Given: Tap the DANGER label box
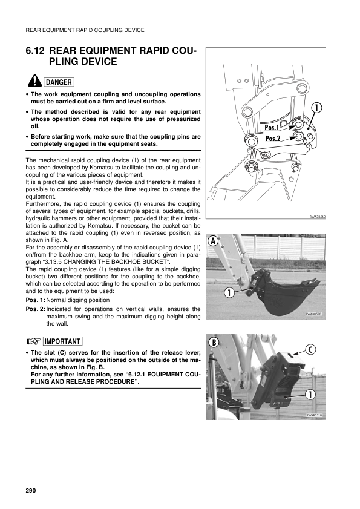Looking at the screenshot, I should tap(59, 82).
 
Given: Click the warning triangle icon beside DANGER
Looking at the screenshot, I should tap(34, 82).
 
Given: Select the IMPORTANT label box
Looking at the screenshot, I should tap(63, 341).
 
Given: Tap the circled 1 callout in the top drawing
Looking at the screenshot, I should tap(316, 108).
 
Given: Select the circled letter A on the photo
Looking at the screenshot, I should tap(213, 240).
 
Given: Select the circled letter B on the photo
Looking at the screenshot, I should tap(213, 343).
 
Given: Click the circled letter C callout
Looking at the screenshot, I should tap(310, 349).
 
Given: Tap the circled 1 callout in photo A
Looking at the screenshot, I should tap(231, 294).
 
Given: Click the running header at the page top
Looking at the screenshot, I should tap(84, 30).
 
